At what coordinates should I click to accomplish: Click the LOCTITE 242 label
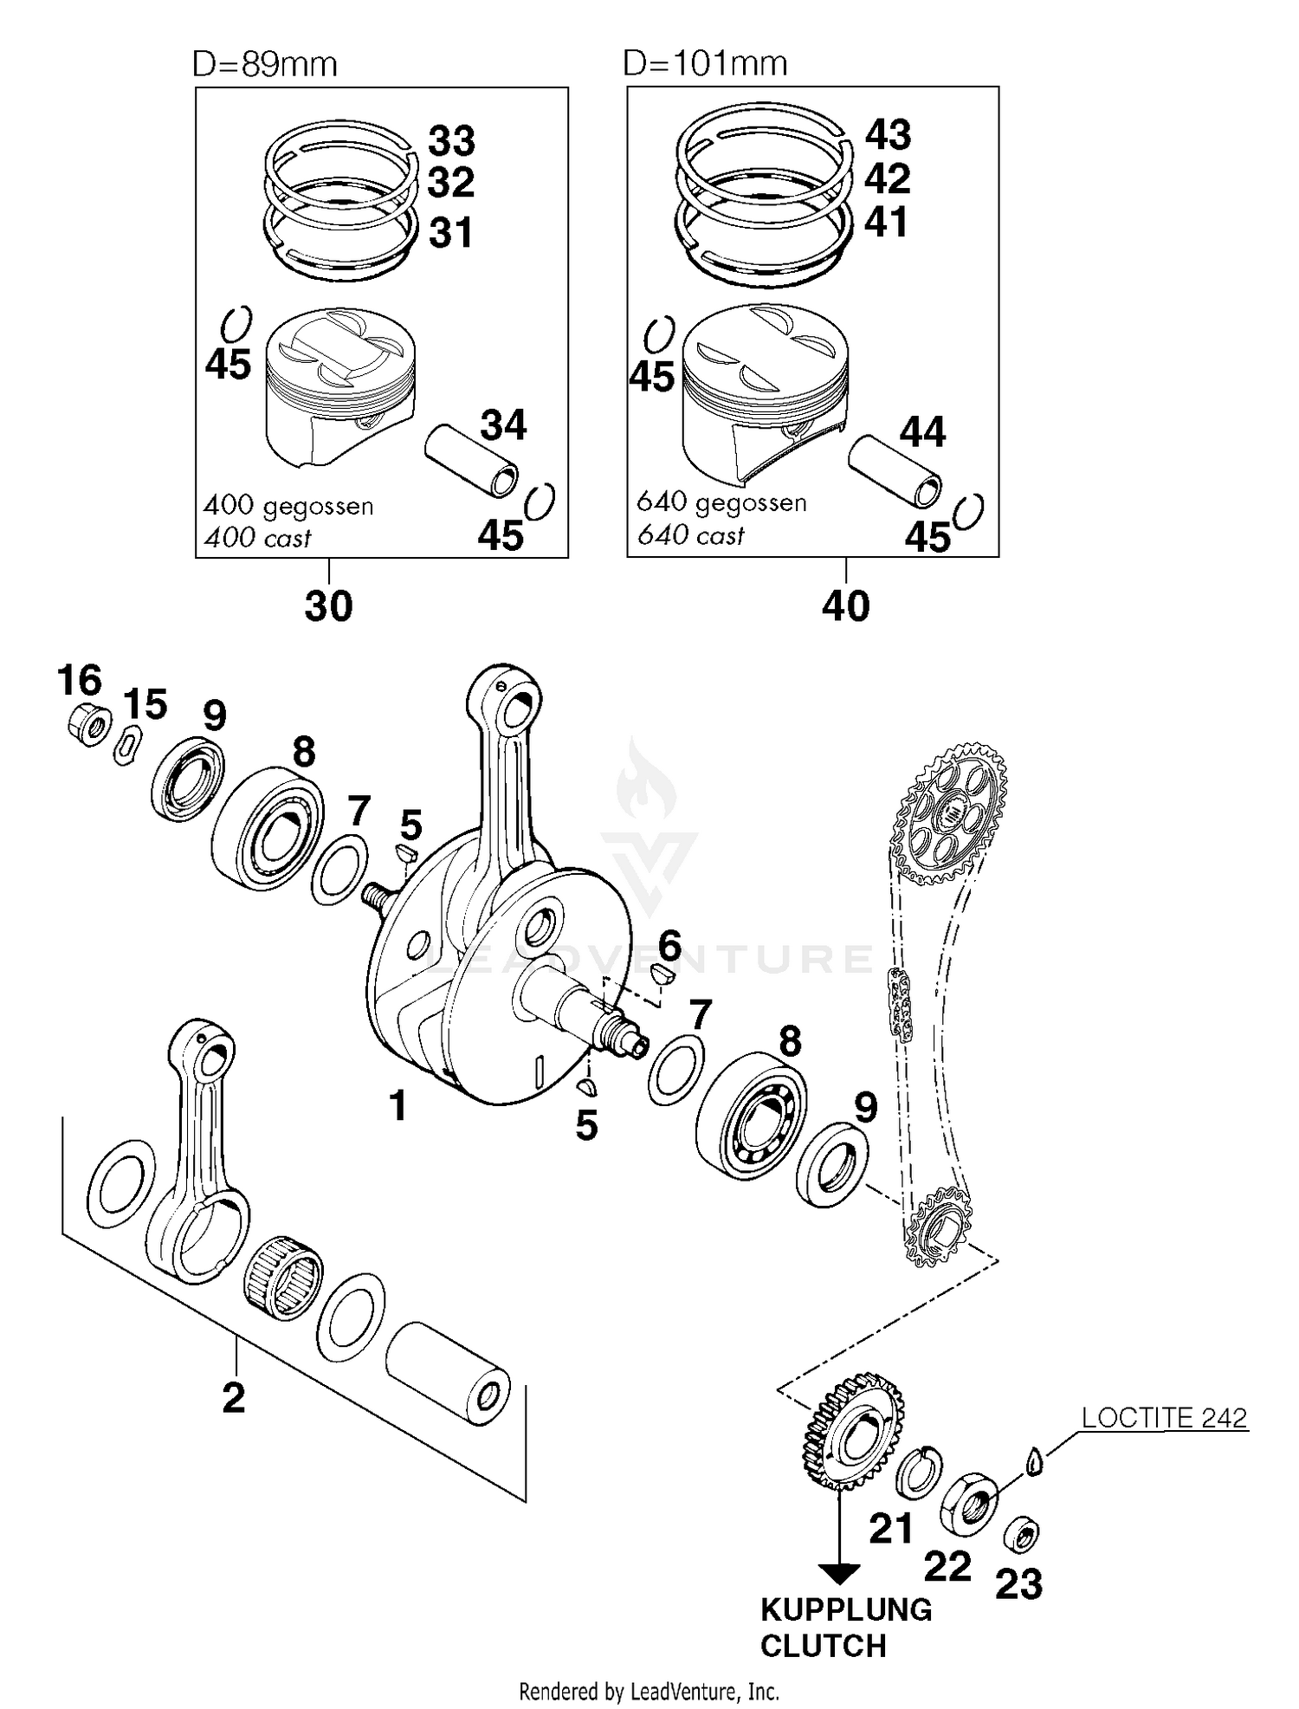(x=1164, y=1417)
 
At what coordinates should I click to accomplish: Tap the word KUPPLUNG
(x=845, y=1609)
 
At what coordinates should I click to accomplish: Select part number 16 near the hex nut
(x=80, y=680)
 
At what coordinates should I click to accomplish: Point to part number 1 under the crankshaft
(x=397, y=1105)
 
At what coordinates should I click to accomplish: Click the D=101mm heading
(x=705, y=63)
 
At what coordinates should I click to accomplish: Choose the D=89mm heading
(x=264, y=64)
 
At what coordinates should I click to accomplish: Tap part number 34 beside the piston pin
(x=503, y=425)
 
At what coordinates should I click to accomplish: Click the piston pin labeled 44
(x=895, y=471)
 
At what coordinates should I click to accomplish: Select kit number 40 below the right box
(x=845, y=605)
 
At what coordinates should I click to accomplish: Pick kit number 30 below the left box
(x=328, y=606)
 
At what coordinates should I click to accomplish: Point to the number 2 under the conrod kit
(x=234, y=1397)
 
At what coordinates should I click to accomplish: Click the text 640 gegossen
(x=721, y=502)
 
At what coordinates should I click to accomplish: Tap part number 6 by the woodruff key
(x=669, y=944)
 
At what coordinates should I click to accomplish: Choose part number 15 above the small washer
(x=145, y=704)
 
